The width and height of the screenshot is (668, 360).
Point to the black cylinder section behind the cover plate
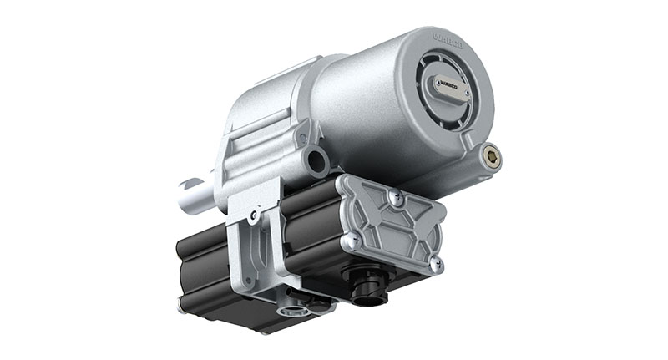pos(309,226)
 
